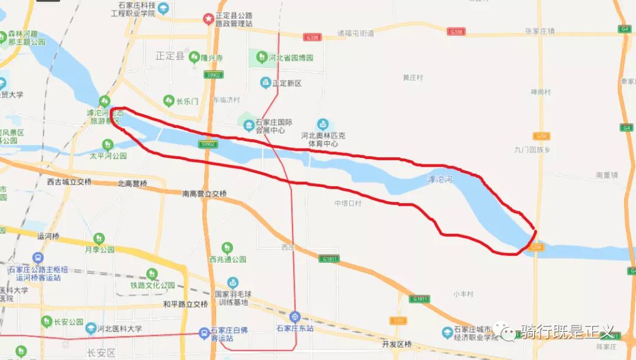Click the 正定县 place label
(170, 57)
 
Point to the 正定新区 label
(287, 83)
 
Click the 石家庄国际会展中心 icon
(249, 124)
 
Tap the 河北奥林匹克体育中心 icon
(322, 124)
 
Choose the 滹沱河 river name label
(440, 179)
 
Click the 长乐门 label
(187, 101)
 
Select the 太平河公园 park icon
(107, 144)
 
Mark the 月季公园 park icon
(99, 238)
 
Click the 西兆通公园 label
(227, 259)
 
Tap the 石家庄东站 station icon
(295, 316)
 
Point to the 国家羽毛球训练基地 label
(230, 298)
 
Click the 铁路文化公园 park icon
(152, 274)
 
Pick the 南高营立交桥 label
(204, 193)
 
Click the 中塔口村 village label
(347, 203)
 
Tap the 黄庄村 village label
(413, 77)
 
